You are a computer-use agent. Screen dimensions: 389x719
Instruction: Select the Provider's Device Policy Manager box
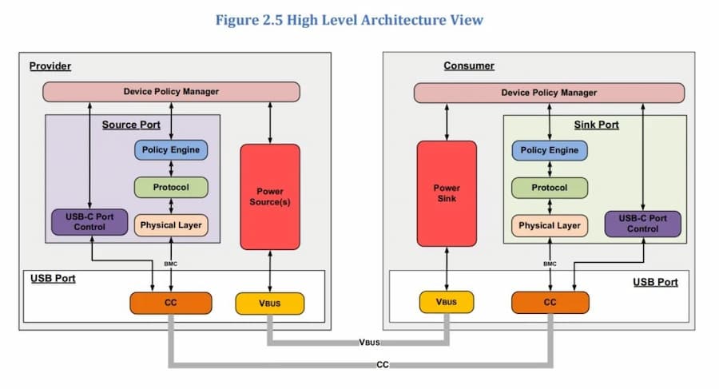(171, 92)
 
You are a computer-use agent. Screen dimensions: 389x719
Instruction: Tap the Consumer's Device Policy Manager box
(549, 93)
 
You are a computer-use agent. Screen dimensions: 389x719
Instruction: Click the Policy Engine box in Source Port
(171, 149)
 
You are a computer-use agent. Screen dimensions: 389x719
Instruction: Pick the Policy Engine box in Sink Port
(549, 150)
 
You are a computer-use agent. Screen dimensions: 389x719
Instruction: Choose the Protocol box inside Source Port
(171, 187)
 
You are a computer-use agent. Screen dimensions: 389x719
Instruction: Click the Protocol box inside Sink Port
(549, 188)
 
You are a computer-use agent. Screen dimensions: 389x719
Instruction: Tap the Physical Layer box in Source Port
(171, 224)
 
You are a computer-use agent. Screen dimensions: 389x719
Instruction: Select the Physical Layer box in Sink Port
(549, 225)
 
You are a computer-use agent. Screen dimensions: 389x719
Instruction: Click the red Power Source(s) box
(270, 196)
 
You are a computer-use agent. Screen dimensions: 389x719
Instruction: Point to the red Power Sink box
(447, 193)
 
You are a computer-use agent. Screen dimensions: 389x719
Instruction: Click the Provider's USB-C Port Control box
(89, 222)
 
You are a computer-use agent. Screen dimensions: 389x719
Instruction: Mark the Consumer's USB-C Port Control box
(643, 224)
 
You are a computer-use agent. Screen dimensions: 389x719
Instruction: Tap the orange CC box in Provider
(171, 303)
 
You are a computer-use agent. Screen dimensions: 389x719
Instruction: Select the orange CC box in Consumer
(550, 303)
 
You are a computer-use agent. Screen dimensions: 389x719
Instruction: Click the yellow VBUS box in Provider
(270, 304)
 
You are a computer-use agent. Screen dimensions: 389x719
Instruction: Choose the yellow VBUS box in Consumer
(447, 302)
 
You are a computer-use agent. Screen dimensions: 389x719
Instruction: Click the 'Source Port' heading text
(131, 125)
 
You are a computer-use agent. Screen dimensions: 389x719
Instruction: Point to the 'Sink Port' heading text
(596, 125)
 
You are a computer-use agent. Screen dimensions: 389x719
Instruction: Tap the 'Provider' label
(51, 65)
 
